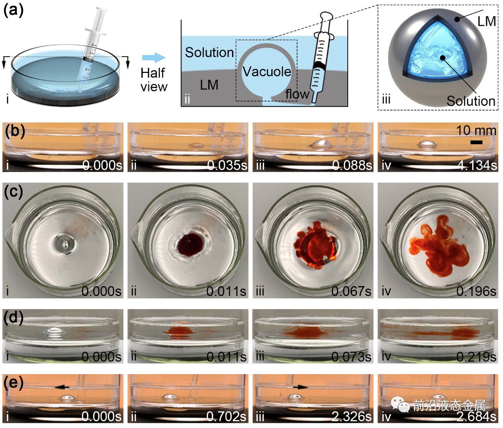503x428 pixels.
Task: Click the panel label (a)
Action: pyautogui.click(x=13, y=10)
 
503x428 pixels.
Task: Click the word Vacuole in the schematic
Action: pyautogui.click(x=267, y=72)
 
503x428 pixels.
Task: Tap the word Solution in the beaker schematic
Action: pyautogui.click(x=209, y=52)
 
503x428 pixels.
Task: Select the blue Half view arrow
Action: pyautogui.click(x=154, y=57)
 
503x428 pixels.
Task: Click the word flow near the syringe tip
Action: pyautogui.click(x=297, y=94)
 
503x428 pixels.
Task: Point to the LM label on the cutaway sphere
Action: pyautogui.click(x=486, y=21)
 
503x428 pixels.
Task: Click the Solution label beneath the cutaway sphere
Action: pyautogui.click(x=471, y=101)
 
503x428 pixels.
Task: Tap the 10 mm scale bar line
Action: pyautogui.click(x=476, y=142)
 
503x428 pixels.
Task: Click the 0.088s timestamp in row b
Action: pyautogui.click(x=352, y=165)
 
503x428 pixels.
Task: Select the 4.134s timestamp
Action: pyautogui.click(x=477, y=165)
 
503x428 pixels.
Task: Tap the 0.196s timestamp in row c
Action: pyautogui.click(x=476, y=291)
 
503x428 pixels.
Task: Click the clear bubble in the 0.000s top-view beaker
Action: pyautogui.click(x=65, y=243)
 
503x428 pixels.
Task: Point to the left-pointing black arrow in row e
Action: pyautogui.click(x=62, y=387)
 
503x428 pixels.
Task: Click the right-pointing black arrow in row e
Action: pyautogui.click(x=301, y=387)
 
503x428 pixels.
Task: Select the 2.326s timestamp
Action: pyautogui.click(x=352, y=417)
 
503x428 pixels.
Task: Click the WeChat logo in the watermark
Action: pyautogui.click(x=400, y=405)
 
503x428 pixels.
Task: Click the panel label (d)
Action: pyautogui.click(x=13, y=318)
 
